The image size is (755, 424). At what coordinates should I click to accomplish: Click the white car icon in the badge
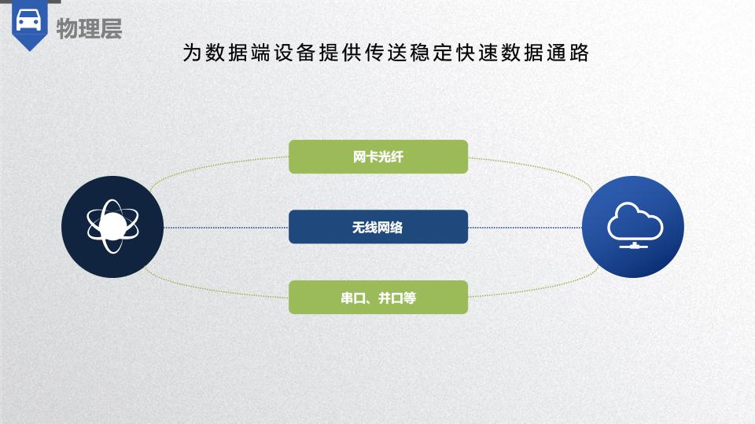(29, 20)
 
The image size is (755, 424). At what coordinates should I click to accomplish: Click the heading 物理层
(89, 28)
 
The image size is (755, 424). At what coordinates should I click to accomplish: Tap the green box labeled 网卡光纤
(378, 157)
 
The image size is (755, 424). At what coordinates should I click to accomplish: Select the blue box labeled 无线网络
(378, 227)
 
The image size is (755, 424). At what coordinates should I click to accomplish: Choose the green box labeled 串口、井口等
(378, 298)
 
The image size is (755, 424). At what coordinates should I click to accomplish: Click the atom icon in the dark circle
(112, 226)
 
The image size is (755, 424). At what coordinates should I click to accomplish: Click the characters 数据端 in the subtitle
(238, 53)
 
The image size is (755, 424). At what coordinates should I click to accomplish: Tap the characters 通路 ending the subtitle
(568, 53)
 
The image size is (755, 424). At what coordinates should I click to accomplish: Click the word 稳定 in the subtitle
(431, 53)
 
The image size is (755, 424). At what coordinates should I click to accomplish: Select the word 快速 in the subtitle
(477, 53)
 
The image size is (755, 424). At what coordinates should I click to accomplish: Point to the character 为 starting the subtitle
(192, 53)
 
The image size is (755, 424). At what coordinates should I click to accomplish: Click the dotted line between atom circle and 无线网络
(226, 228)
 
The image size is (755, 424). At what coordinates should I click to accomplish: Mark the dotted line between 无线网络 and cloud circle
(525, 228)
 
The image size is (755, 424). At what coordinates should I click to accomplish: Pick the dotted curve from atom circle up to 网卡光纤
(212, 166)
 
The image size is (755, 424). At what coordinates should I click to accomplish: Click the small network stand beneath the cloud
(634, 246)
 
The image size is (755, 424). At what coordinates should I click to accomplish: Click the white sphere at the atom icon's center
(112, 226)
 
